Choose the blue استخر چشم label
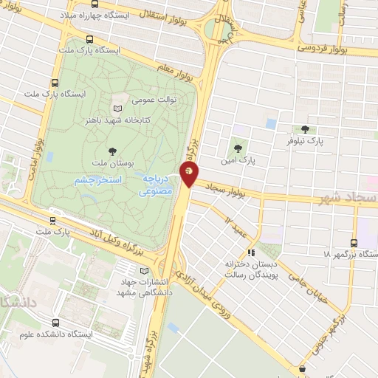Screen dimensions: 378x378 tap(103, 180)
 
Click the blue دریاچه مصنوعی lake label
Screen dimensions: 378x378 tap(157, 185)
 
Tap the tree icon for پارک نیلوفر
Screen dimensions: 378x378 tap(306, 130)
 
